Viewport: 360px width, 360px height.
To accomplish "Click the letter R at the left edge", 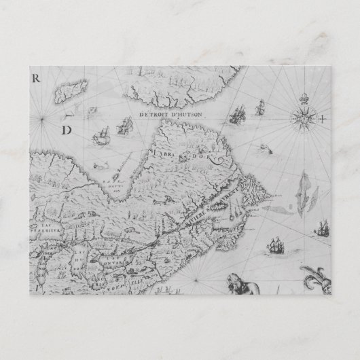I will (x=37, y=77).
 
